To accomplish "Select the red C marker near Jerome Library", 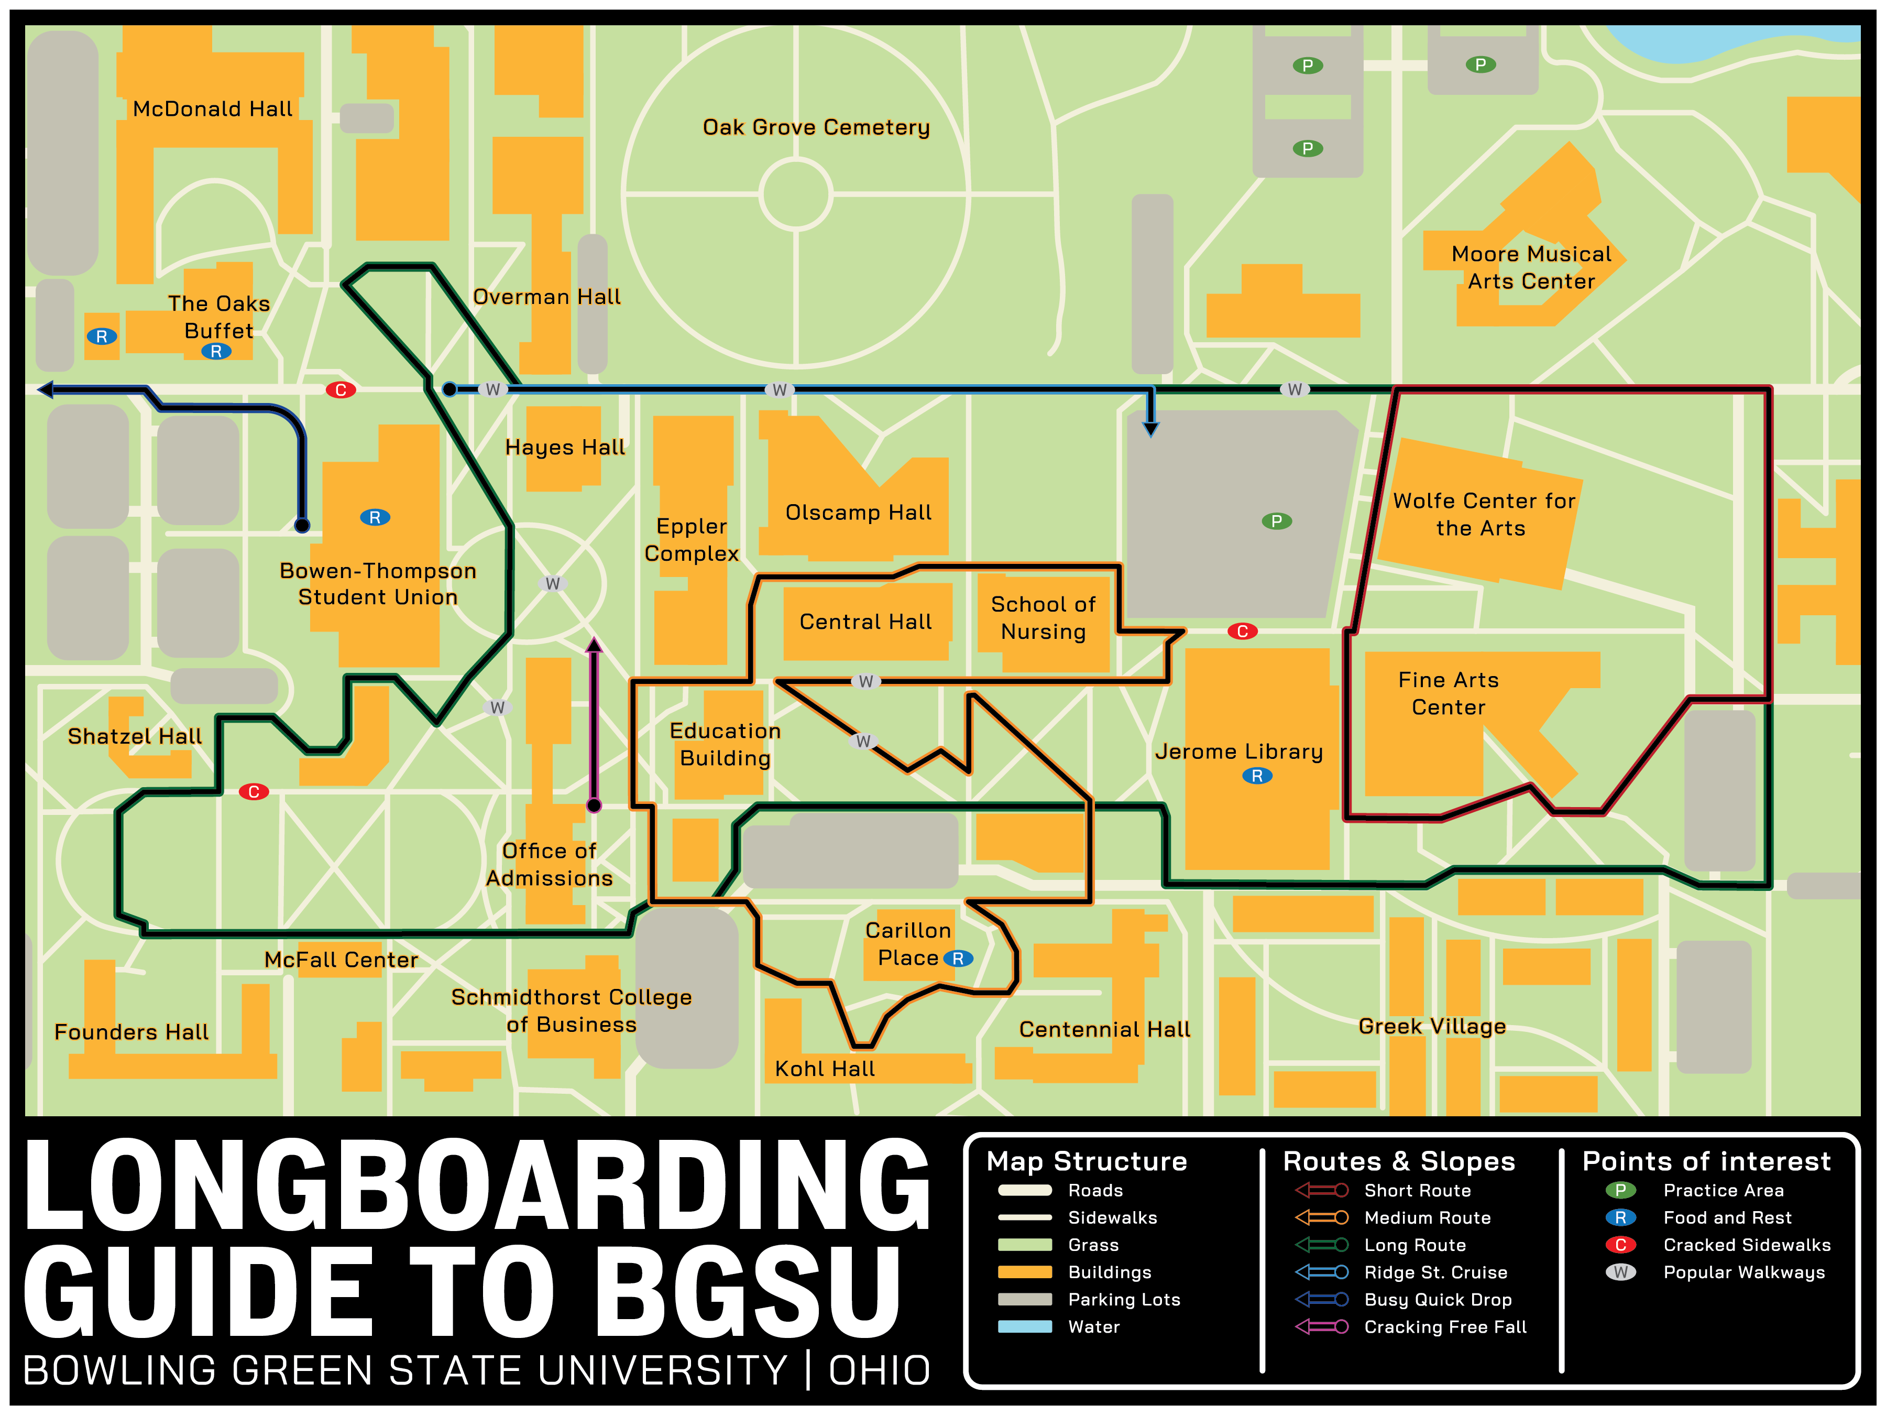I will coord(1242,631).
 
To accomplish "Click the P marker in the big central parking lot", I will coord(1276,521).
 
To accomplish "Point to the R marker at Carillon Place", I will coord(958,959).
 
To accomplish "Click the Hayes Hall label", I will coord(564,447).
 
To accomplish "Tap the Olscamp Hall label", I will coord(858,513).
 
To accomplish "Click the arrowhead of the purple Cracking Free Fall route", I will coord(594,645).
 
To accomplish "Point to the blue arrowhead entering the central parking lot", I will coord(1151,428).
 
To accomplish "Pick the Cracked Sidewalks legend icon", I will coord(1620,1245).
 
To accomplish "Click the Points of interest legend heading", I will coord(1706,1162).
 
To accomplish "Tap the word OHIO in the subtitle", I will coord(879,1370).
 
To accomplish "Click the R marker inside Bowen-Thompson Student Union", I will coord(375,518).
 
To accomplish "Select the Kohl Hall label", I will coord(825,1069).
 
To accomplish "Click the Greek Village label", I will coord(1432,1026).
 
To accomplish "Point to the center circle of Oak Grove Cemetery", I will coord(795,194).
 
